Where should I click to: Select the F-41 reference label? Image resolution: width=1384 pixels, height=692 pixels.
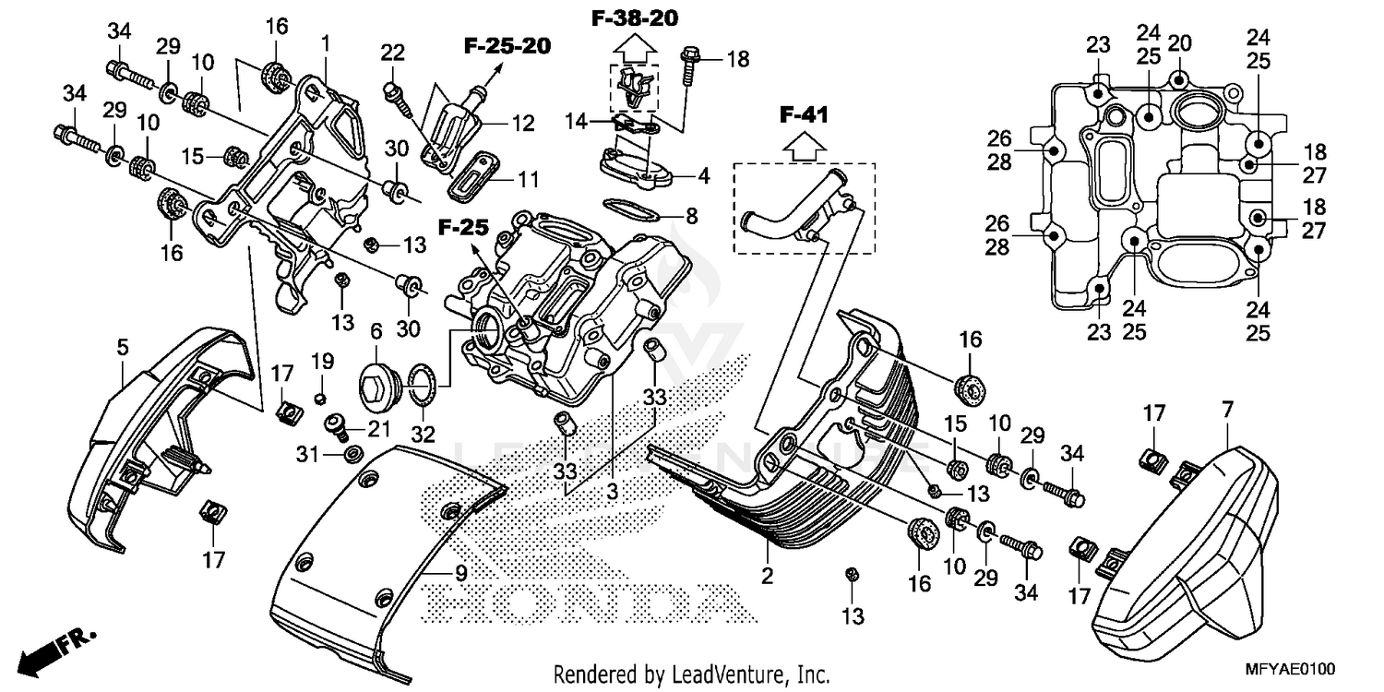tap(804, 115)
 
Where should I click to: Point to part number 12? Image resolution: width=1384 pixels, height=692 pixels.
tap(523, 124)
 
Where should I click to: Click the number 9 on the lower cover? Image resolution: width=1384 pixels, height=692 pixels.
tap(460, 572)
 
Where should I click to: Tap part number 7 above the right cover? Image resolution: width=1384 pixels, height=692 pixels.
tap(1226, 410)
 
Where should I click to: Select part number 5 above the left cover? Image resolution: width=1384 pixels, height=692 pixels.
tap(122, 347)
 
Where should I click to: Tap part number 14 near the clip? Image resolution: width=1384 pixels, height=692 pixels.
tap(577, 121)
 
